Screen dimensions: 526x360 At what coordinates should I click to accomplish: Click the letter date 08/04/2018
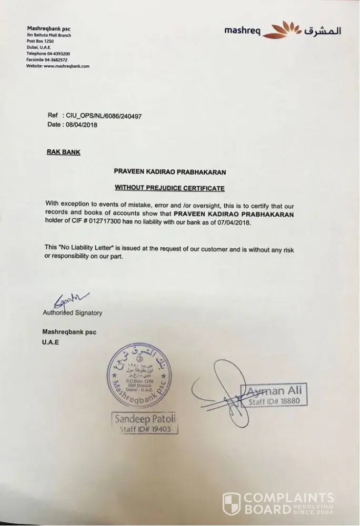(x=80, y=125)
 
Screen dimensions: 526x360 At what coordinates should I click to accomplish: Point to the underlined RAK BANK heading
(x=63, y=153)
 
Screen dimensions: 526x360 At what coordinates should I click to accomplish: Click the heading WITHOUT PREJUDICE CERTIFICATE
(x=169, y=188)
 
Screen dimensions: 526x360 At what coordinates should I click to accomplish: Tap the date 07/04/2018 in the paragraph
(x=233, y=222)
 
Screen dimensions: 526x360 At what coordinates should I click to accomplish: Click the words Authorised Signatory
(x=72, y=313)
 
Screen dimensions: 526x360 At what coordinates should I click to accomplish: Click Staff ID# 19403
(x=146, y=429)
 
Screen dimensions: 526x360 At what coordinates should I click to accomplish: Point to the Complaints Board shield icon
(x=232, y=504)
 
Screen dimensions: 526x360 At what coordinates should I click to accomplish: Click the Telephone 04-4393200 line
(x=48, y=54)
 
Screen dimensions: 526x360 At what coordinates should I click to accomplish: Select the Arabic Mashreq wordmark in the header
(x=322, y=31)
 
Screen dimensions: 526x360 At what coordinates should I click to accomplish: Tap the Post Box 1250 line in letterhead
(x=41, y=41)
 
